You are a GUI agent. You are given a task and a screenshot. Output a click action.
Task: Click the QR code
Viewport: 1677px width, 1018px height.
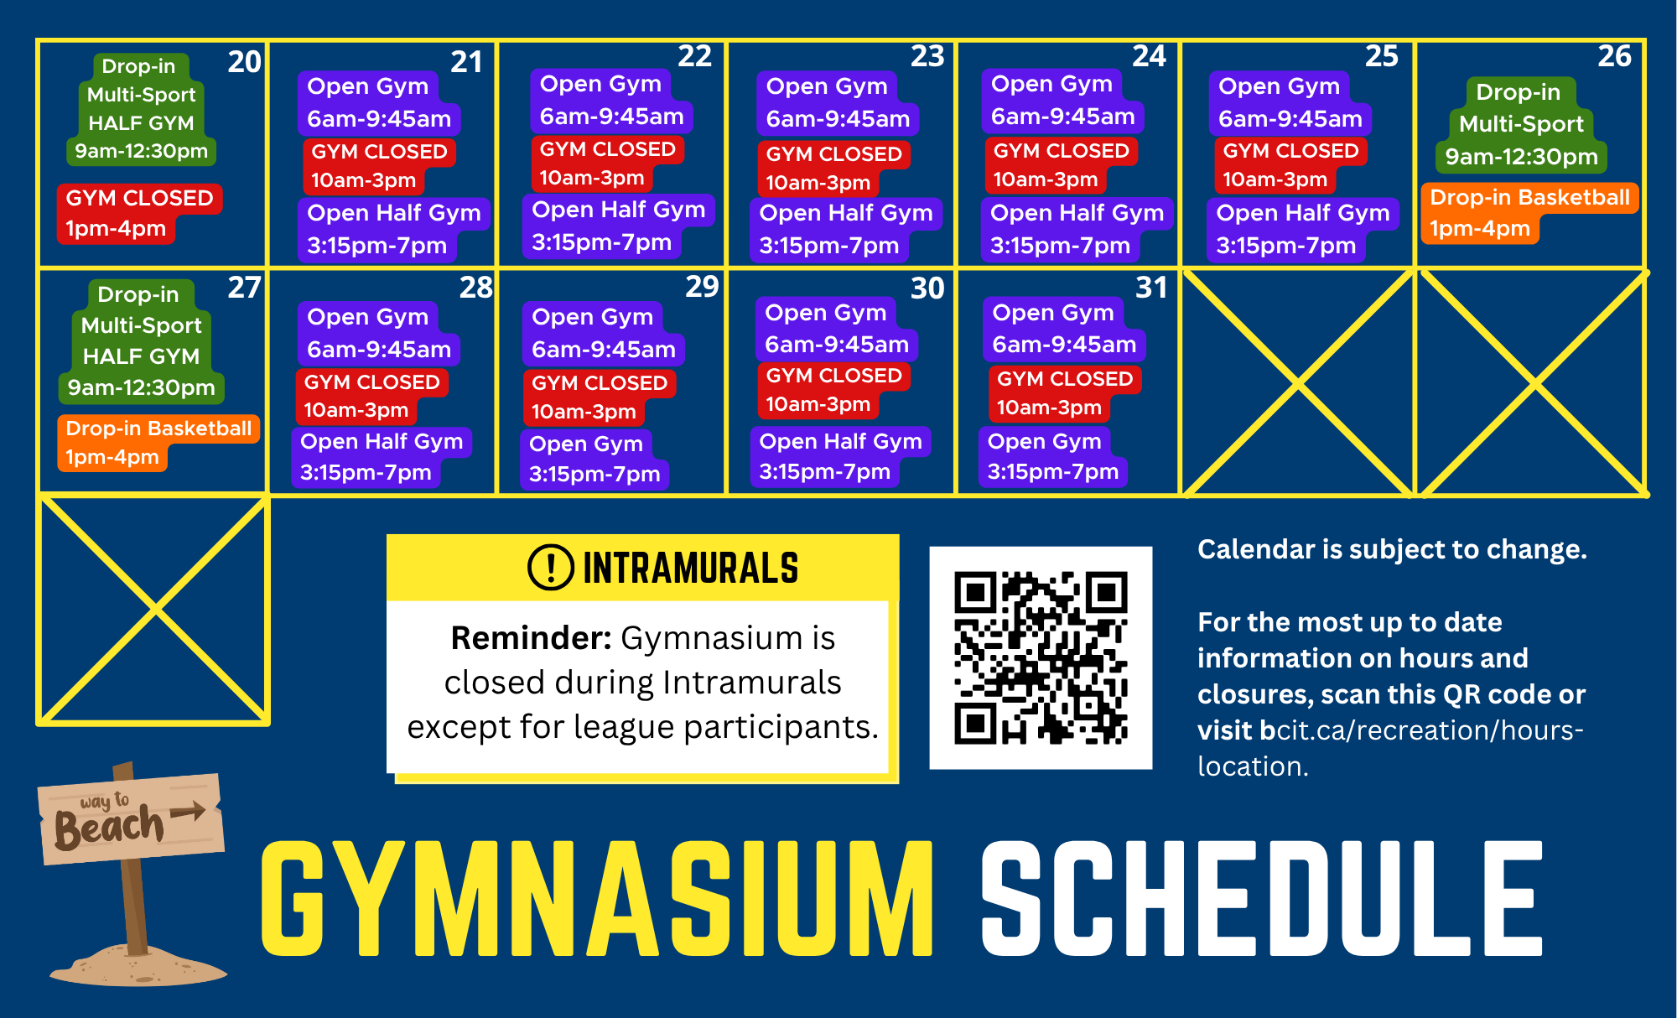(1041, 658)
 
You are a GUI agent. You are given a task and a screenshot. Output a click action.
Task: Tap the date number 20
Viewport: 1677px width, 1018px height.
(244, 61)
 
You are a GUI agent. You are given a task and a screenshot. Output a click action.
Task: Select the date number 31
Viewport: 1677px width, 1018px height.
(1151, 288)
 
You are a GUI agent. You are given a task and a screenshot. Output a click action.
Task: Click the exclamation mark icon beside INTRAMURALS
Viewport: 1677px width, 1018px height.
(551, 568)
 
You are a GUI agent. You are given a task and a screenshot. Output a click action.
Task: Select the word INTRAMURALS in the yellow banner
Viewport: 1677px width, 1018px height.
(691, 569)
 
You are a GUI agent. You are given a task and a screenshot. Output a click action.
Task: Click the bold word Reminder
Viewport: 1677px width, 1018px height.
(531, 638)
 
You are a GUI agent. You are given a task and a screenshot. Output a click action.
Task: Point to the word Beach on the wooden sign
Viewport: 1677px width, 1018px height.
(109, 827)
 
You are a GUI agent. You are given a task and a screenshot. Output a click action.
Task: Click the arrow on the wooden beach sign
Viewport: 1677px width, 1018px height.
(188, 811)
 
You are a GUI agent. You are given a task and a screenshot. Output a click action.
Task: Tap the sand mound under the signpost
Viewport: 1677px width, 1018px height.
(138, 965)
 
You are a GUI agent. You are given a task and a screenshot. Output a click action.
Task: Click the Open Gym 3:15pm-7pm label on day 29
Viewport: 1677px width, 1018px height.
(594, 459)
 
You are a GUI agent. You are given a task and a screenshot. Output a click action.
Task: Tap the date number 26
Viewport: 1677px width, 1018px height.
(1614, 56)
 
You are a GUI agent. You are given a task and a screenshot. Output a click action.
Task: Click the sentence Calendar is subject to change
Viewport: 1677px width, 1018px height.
(1392, 549)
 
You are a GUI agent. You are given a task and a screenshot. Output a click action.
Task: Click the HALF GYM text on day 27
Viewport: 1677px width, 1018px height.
(141, 356)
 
